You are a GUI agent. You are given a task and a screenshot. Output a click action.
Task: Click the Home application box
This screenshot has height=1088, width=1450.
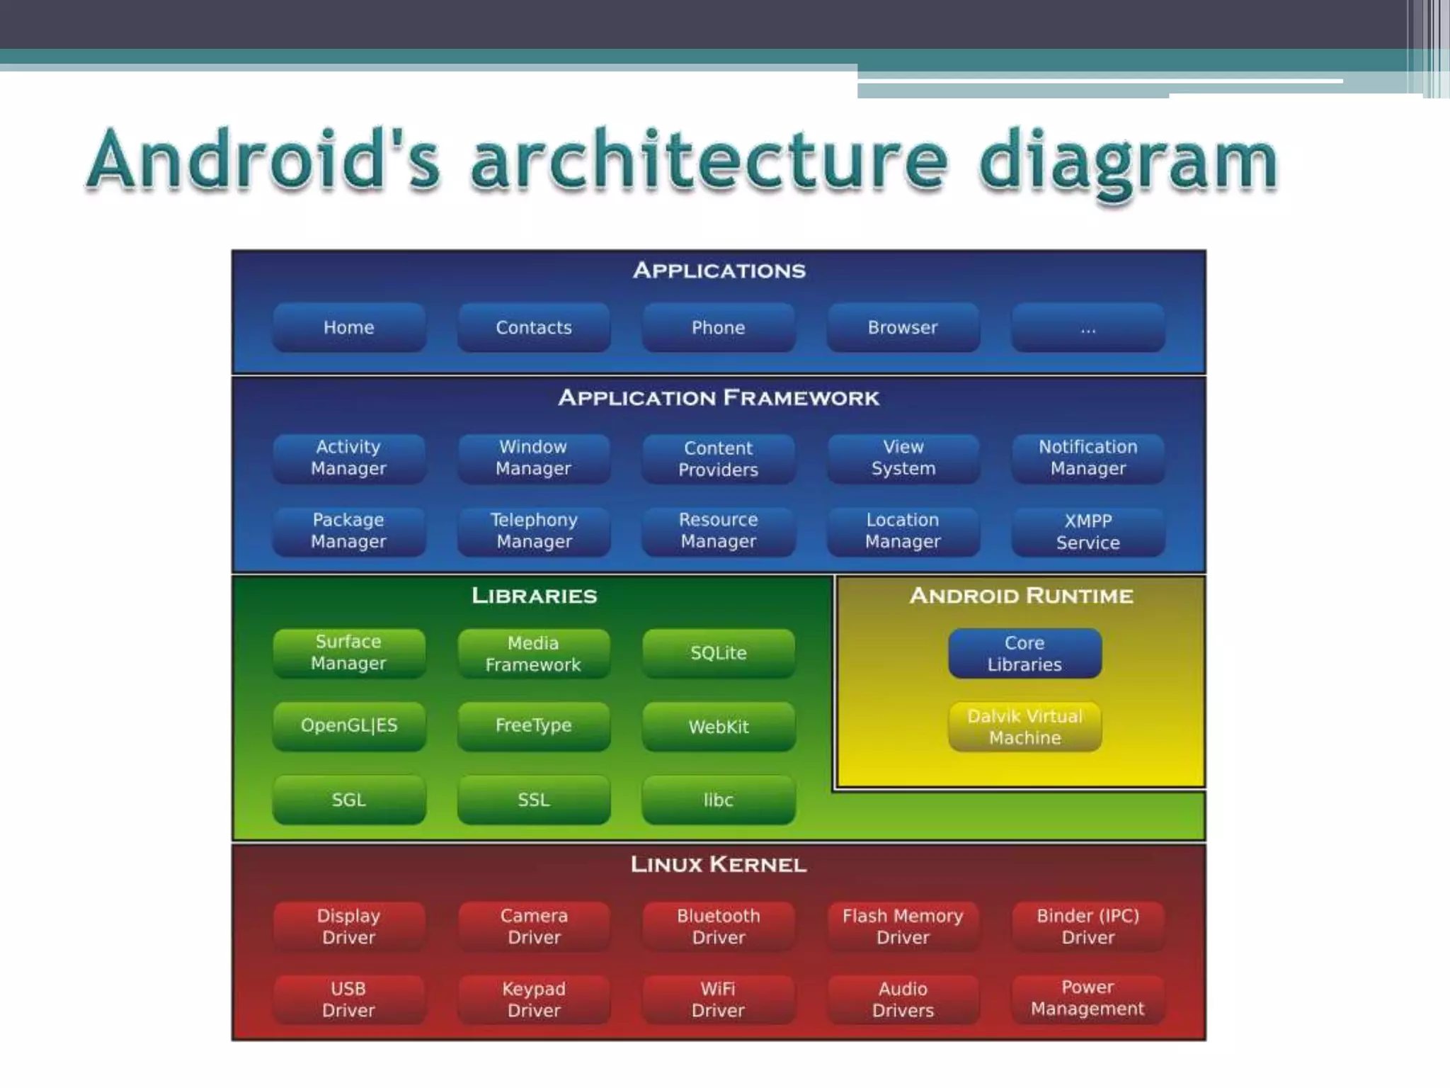(x=349, y=327)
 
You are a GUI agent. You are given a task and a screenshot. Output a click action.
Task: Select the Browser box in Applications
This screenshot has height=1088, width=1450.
(x=903, y=327)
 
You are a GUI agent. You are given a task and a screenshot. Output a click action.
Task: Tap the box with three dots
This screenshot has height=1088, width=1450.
(x=1087, y=327)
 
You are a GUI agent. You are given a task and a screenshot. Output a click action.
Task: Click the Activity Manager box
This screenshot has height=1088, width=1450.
(x=349, y=458)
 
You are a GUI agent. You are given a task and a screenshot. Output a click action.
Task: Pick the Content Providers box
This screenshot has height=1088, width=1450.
(x=718, y=458)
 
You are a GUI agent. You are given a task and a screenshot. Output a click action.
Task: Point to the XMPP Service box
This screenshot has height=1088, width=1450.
(x=1087, y=531)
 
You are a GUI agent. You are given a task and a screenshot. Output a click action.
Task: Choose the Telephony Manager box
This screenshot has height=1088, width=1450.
(x=534, y=531)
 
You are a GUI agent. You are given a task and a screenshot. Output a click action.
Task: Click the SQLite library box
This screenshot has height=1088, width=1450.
(x=718, y=653)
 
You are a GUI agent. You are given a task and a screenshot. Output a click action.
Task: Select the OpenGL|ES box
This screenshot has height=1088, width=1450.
(x=349, y=725)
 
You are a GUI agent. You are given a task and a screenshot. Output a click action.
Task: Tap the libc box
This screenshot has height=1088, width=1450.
(x=718, y=800)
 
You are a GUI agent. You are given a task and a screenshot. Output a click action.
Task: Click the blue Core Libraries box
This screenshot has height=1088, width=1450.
(x=1024, y=653)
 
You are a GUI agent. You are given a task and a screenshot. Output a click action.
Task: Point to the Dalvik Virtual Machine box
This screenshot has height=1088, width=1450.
(x=1024, y=727)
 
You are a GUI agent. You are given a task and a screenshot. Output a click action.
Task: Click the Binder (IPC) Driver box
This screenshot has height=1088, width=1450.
(x=1087, y=926)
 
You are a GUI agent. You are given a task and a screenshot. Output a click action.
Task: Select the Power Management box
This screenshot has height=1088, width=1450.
(x=1087, y=998)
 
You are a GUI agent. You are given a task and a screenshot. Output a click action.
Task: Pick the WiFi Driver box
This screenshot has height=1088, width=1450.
(x=718, y=999)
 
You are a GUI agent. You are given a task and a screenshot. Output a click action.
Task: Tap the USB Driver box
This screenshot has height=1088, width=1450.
(x=349, y=999)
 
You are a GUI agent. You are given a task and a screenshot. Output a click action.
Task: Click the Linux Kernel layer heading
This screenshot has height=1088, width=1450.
(x=718, y=864)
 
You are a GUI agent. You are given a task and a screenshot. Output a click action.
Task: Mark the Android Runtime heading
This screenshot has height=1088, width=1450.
(x=1021, y=596)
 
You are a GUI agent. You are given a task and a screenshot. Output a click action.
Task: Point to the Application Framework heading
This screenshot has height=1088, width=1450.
(x=718, y=397)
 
